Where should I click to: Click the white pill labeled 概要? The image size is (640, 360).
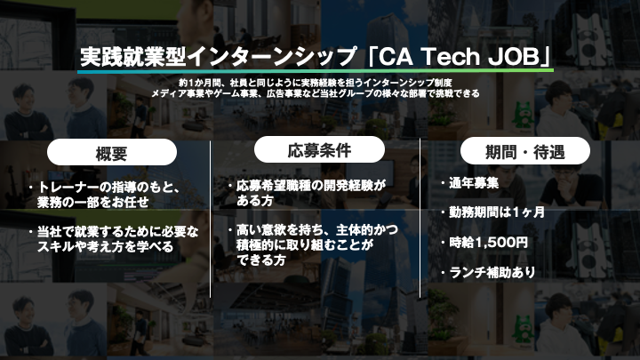(x=112, y=152)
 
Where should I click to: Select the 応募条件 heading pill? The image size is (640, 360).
(x=319, y=149)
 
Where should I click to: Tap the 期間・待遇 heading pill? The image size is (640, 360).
(x=525, y=151)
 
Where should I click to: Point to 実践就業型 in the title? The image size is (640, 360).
(x=133, y=57)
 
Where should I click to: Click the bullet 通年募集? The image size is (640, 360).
(x=474, y=183)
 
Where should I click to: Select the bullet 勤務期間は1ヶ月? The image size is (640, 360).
(x=497, y=212)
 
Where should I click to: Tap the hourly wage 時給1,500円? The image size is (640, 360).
(x=488, y=243)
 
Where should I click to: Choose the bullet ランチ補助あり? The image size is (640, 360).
(x=492, y=272)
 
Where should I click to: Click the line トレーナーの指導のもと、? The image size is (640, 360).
(x=109, y=188)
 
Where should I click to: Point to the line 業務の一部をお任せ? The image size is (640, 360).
(x=93, y=202)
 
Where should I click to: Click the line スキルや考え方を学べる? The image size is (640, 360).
(x=105, y=246)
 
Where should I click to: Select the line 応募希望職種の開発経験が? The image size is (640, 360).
(x=310, y=186)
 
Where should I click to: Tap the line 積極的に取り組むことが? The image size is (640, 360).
(x=305, y=245)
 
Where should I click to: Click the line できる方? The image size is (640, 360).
(x=260, y=260)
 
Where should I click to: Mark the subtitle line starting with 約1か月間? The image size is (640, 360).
(x=315, y=83)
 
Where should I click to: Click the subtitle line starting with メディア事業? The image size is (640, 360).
(x=316, y=93)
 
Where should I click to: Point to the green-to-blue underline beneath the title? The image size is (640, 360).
(x=316, y=70)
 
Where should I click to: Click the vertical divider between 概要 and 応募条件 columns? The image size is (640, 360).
(x=210, y=220)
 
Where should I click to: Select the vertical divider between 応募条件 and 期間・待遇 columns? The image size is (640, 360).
(x=420, y=218)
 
